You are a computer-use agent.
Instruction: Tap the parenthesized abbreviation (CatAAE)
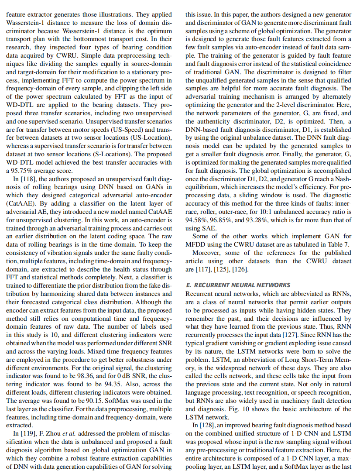point(20,203)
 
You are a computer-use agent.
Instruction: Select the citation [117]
point(202,268)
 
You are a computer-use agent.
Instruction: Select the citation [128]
point(207,425)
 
